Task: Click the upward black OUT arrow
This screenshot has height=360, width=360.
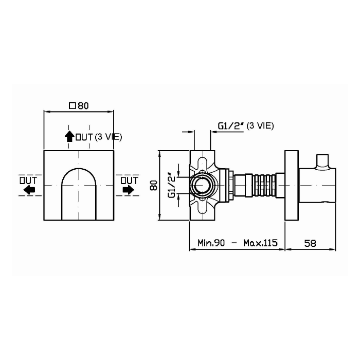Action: click(69, 136)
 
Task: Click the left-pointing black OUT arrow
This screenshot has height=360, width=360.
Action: click(29, 190)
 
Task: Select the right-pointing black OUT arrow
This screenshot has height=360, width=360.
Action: click(129, 190)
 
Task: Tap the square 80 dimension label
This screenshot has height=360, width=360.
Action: click(79, 106)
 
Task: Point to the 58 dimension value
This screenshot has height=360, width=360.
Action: click(310, 243)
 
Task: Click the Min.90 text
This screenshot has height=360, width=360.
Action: click(211, 243)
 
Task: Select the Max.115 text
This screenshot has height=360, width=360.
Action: click(260, 243)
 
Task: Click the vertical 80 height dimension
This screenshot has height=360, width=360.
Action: click(154, 186)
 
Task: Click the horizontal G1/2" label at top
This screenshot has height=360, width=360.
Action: click(230, 126)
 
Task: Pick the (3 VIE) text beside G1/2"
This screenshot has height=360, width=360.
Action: click(260, 126)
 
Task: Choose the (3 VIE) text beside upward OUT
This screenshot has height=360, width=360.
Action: click(109, 137)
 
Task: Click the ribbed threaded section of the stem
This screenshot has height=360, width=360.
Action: click(264, 186)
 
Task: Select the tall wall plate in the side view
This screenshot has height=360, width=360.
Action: click(292, 186)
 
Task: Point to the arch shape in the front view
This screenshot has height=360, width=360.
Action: click(79, 194)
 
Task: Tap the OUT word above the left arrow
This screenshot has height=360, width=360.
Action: click(28, 181)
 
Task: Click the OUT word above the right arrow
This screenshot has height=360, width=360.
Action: click(130, 181)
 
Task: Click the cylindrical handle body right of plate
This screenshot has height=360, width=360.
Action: click(317, 186)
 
